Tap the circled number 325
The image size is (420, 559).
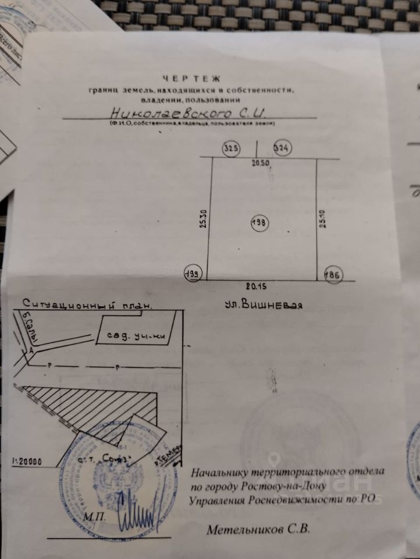[231, 148]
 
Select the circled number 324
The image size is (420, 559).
[282, 148]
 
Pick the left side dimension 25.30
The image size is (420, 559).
[203, 218]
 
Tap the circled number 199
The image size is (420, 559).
[193, 274]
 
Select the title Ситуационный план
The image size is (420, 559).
[88, 303]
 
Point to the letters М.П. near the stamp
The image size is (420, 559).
[92, 516]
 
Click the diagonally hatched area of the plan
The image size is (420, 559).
[105, 405]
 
